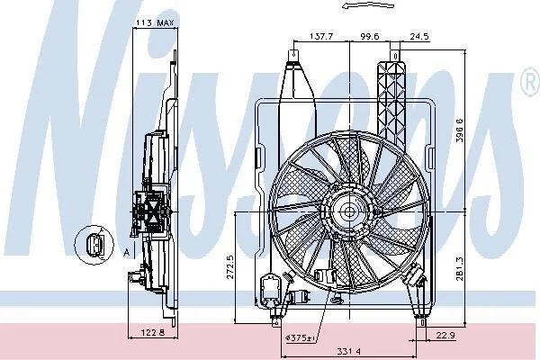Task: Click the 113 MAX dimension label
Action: [156, 22]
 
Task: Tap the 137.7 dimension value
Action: [321, 36]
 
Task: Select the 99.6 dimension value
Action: [370, 36]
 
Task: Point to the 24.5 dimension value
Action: [419, 36]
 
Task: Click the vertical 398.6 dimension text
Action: [459, 130]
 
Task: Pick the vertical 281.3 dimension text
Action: [459, 269]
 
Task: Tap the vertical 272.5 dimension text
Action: [230, 267]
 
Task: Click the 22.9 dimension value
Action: [445, 335]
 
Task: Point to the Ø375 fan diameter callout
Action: [301, 338]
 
